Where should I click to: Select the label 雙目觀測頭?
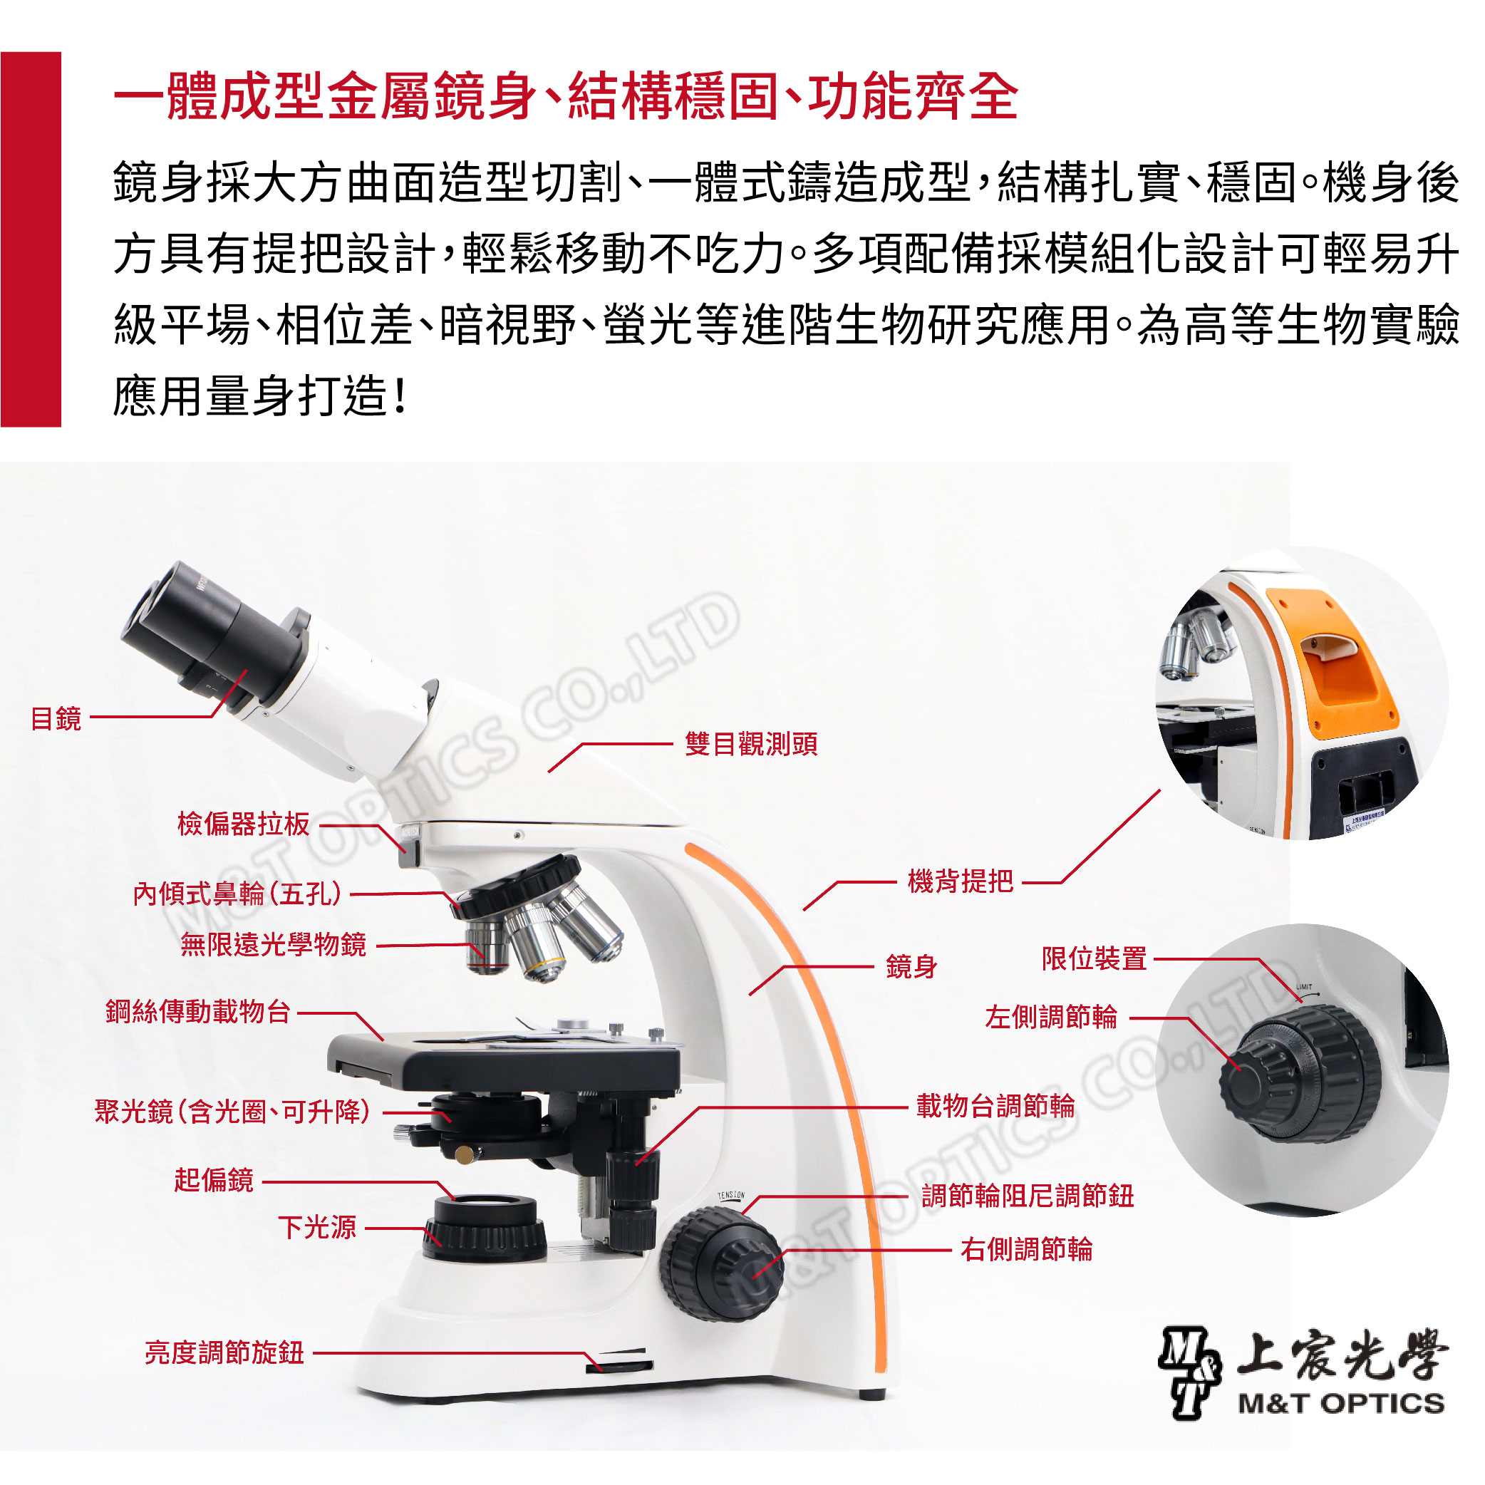[751, 744]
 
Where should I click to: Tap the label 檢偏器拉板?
[243, 824]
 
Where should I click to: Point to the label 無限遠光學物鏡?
[273, 945]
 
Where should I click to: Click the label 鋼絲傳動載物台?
[197, 1012]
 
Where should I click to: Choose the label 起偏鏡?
[214, 1180]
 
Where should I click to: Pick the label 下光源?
[316, 1228]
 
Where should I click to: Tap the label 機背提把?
[960, 881]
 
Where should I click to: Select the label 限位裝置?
[1094, 958]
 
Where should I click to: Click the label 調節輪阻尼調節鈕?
[1028, 1196]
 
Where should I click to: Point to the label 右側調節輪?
[1026, 1250]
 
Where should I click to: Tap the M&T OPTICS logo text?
[1341, 1404]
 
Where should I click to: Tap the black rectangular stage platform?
[504, 1062]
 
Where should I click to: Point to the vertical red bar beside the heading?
[31, 239]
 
